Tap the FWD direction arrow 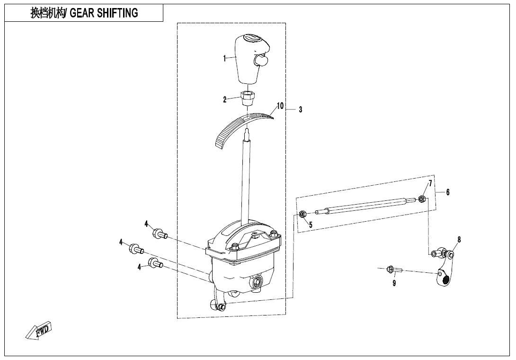click(x=39, y=330)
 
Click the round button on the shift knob click(x=260, y=61)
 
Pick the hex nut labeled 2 click(x=248, y=99)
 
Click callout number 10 click(x=280, y=106)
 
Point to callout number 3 click(x=301, y=110)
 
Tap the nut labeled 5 click(x=302, y=215)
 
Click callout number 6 click(x=447, y=192)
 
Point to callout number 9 click(x=394, y=283)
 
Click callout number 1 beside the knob click(x=224, y=59)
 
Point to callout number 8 click(x=459, y=240)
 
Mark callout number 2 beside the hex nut click(x=225, y=99)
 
